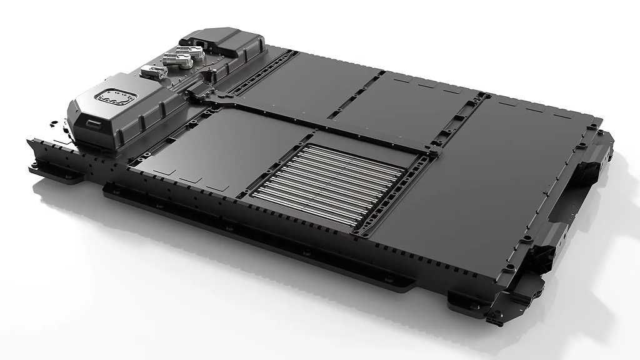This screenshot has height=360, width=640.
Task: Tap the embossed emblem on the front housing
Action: pos(114,98)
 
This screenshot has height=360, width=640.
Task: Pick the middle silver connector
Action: pos(177,62)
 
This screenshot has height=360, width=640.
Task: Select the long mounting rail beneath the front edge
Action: pos(250,237)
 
